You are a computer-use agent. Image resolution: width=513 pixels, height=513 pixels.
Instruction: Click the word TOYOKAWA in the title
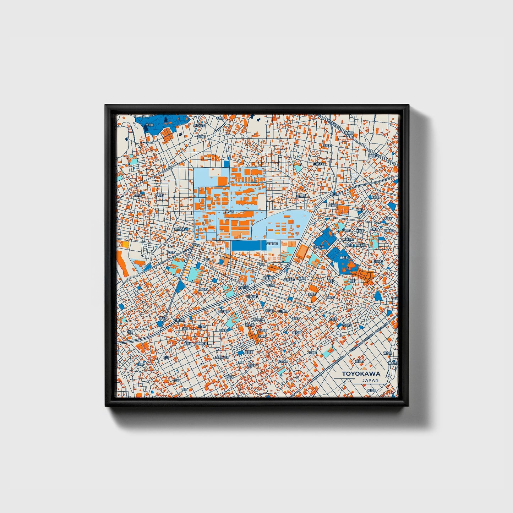point(361,373)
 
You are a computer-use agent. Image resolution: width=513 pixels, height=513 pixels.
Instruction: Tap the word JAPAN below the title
point(370,380)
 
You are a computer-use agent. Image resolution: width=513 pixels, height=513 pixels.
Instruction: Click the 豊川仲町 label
point(376,261)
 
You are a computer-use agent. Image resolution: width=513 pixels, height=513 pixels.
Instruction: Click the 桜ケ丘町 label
point(318,246)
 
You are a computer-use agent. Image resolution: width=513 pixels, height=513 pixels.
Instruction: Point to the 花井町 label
point(346,325)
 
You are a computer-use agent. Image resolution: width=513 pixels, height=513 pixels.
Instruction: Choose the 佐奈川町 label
point(244,288)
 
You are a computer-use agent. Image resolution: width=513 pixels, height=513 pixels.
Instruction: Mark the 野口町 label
point(138,195)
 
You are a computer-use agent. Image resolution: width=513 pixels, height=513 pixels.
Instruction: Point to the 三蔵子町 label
point(319,164)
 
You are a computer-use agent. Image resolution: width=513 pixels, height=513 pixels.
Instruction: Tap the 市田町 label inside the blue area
point(149,125)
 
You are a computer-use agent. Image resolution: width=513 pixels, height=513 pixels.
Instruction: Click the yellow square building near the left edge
point(125,245)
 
